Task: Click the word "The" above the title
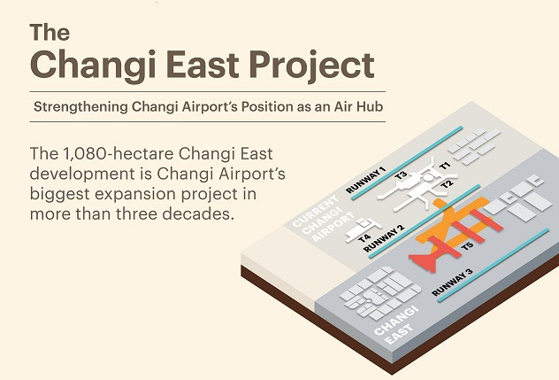50,33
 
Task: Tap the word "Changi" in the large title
93,66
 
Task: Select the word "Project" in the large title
311,66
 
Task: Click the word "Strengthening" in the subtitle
80,107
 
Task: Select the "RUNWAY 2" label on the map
384,238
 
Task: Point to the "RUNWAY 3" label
452,283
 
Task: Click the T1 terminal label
445,166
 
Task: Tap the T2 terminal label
447,184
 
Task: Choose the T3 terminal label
401,175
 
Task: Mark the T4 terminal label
364,237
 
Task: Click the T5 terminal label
467,245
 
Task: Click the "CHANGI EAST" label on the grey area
396,325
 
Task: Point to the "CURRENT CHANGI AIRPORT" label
324,218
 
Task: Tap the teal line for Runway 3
494,266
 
